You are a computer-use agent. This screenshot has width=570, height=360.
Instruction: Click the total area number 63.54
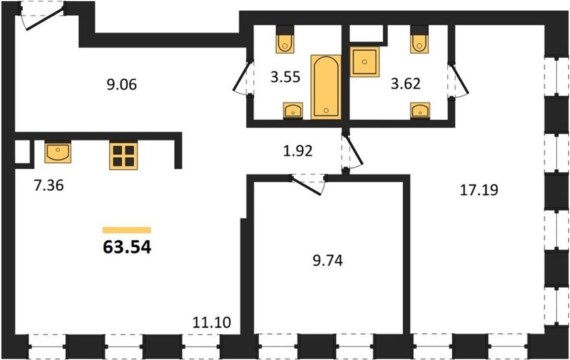point(127,247)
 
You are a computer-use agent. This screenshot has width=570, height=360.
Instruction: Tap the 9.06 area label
point(122,85)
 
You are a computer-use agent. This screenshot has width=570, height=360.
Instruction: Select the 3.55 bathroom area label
point(286,77)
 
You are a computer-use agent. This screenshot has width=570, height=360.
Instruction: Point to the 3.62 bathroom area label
point(406,84)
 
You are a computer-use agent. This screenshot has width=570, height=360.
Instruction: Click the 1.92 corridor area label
point(298,151)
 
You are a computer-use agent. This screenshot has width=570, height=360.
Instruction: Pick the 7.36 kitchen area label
point(49,186)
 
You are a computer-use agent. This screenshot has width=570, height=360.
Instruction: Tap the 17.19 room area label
point(479,190)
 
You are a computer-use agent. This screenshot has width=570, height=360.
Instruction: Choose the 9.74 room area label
point(327,260)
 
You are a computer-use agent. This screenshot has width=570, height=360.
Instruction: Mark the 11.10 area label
point(212,322)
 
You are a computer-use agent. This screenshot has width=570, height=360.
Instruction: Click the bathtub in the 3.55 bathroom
point(326,87)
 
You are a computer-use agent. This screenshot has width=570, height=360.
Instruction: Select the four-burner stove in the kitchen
point(123,156)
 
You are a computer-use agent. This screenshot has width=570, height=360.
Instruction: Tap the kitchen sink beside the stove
point(58,152)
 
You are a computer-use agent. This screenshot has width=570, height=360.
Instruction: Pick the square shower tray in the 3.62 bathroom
point(365,62)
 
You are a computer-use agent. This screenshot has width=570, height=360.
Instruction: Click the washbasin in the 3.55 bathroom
point(293,110)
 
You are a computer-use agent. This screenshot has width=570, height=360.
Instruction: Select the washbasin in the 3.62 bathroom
point(421,110)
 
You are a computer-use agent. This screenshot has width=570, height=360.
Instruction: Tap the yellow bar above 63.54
point(127,230)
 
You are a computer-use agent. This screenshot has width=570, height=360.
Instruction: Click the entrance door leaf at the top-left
point(46,22)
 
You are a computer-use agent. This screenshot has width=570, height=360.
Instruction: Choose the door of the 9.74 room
point(306,186)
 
